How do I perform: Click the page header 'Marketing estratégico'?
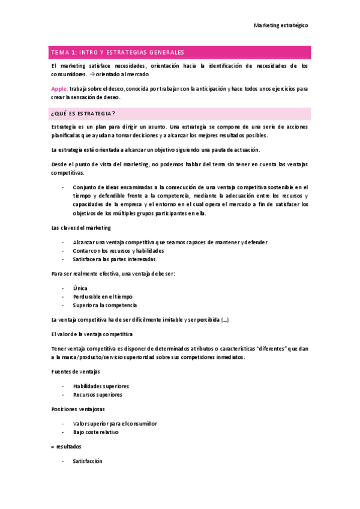[x=281, y=25]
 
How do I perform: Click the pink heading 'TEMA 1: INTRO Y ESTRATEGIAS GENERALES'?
[x=118, y=53]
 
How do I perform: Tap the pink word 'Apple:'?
[x=59, y=88]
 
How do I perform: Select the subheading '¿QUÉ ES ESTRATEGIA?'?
[x=83, y=113]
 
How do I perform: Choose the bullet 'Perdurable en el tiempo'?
[x=103, y=297]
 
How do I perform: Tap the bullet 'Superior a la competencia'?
[x=105, y=305]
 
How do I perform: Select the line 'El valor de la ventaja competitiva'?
[x=92, y=334]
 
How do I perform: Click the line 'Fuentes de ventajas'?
[x=75, y=372]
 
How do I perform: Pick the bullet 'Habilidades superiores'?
[x=101, y=387]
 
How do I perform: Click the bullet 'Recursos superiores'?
[x=97, y=395]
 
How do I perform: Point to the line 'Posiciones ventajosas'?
[x=78, y=409]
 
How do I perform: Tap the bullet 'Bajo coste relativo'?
[x=96, y=432]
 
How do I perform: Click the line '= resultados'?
[x=67, y=447]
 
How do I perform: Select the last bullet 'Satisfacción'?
[x=88, y=461]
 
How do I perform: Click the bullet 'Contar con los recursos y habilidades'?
[x=118, y=251]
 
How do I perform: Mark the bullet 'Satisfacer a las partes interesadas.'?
[x=115, y=259]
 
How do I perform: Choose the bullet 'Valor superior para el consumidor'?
[x=115, y=423]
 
